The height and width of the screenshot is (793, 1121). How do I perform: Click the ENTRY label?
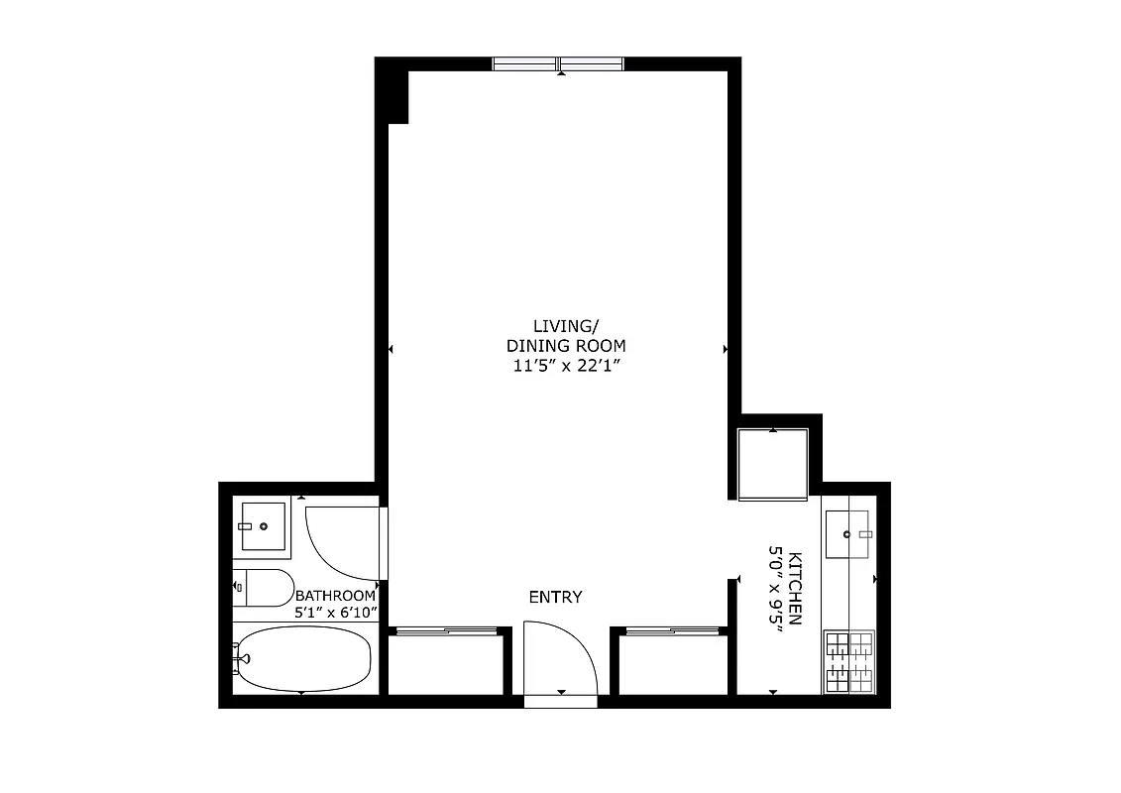(x=555, y=597)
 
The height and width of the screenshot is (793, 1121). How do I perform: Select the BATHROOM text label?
(x=335, y=596)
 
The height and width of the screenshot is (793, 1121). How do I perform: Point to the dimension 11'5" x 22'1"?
(x=567, y=366)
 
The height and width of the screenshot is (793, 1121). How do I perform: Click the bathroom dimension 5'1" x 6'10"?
(x=335, y=614)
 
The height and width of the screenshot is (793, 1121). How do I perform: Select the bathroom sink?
(x=263, y=525)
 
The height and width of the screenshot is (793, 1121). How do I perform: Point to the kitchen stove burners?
(x=848, y=661)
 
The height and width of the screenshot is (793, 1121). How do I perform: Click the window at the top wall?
(x=558, y=64)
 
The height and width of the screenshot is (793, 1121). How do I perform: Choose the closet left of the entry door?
(x=443, y=664)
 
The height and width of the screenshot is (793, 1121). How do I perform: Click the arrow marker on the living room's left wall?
(x=392, y=349)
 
